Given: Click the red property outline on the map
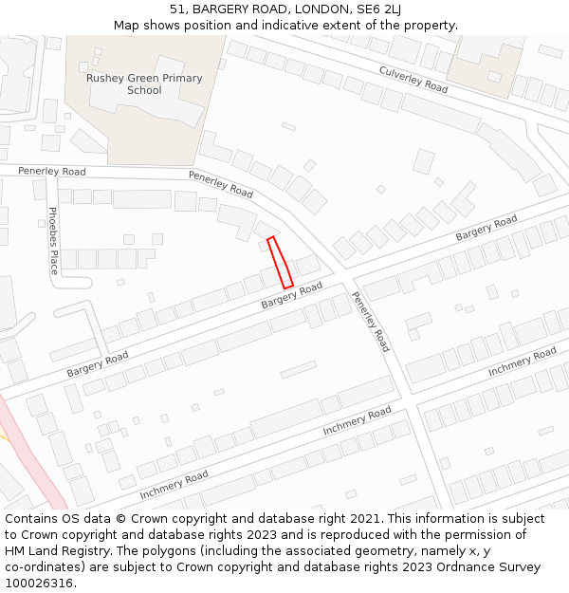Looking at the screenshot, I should tap(279, 262).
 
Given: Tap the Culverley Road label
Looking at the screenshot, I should tap(413, 79).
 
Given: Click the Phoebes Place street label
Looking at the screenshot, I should tap(53, 240).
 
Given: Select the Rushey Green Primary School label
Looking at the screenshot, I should tap(144, 84).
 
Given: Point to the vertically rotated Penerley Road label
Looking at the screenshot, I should tap(370, 321).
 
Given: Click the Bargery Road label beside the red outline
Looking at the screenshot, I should tap(292, 295).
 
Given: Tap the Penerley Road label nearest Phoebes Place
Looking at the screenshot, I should tap(51, 172).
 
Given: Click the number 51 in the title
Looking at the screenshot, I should tap(177, 9).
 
